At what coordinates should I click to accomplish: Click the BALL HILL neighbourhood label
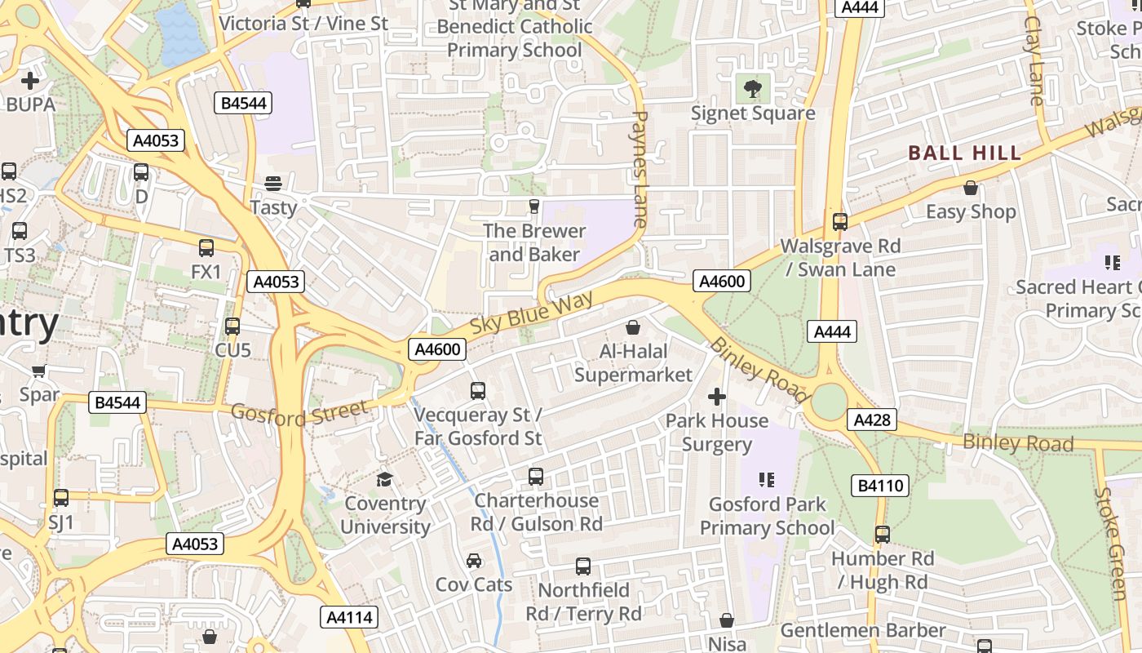tap(964, 153)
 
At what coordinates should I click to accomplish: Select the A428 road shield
tap(871, 420)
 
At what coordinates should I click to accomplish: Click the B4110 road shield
tap(881, 486)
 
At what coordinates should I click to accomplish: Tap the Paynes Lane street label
tap(640, 169)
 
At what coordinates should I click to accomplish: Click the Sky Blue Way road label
tap(531, 315)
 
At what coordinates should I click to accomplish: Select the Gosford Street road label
tap(299, 413)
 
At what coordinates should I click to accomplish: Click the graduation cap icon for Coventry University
tap(384, 478)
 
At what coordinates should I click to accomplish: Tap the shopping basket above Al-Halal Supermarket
tap(633, 327)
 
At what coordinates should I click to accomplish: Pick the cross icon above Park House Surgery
tap(716, 397)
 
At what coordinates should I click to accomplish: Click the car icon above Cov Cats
tap(474, 560)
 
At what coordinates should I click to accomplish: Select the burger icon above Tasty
tap(273, 183)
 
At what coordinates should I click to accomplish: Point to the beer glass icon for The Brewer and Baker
tap(534, 207)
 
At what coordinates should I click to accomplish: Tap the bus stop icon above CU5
tap(232, 326)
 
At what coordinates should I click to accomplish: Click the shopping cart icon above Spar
tap(38, 371)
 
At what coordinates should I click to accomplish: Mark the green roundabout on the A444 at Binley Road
tap(830, 402)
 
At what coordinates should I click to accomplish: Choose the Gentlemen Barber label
tap(863, 630)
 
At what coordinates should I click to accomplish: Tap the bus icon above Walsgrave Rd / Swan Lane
tap(839, 221)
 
